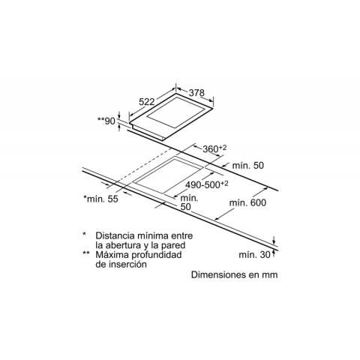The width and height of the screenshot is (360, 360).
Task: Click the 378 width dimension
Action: click(196, 93)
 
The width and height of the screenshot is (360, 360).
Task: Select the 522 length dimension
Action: click(147, 102)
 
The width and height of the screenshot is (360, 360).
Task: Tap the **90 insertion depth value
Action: click(106, 121)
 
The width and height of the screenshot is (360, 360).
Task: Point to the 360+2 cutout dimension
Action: click(214, 149)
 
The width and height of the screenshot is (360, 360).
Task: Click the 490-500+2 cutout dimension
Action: click(207, 184)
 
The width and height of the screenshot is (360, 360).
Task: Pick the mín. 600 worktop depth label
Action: click(247, 202)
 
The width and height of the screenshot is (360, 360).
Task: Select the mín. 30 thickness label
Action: click(255, 255)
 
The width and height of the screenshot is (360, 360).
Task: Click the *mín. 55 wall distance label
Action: click(100, 199)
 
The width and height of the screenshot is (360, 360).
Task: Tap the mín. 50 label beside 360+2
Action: click(248, 165)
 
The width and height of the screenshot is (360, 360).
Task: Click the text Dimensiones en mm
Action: click(235, 274)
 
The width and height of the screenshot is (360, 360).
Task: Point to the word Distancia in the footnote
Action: click(115, 235)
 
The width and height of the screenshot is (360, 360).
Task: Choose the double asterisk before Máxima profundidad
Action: click(86, 253)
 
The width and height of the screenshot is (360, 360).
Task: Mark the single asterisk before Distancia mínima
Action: click(85, 234)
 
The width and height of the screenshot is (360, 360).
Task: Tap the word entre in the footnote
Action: click(182, 235)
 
